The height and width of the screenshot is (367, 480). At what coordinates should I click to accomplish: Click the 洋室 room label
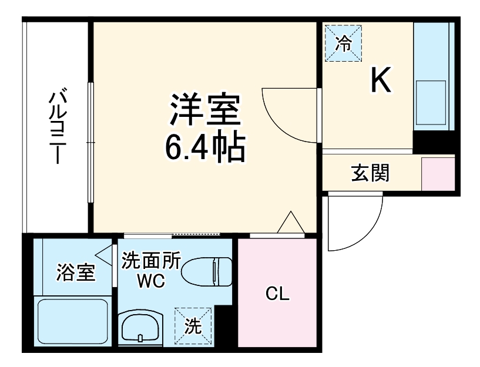[x=204, y=110]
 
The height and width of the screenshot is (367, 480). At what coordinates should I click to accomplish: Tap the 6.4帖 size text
[x=204, y=150]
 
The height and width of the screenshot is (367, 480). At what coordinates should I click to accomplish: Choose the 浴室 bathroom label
[x=75, y=273]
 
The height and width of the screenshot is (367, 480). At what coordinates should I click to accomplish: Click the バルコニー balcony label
[x=57, y=127]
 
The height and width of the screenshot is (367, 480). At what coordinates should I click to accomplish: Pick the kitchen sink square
[x=431, y=93]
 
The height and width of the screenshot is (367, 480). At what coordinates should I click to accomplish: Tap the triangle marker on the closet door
[x=290, y=224]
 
